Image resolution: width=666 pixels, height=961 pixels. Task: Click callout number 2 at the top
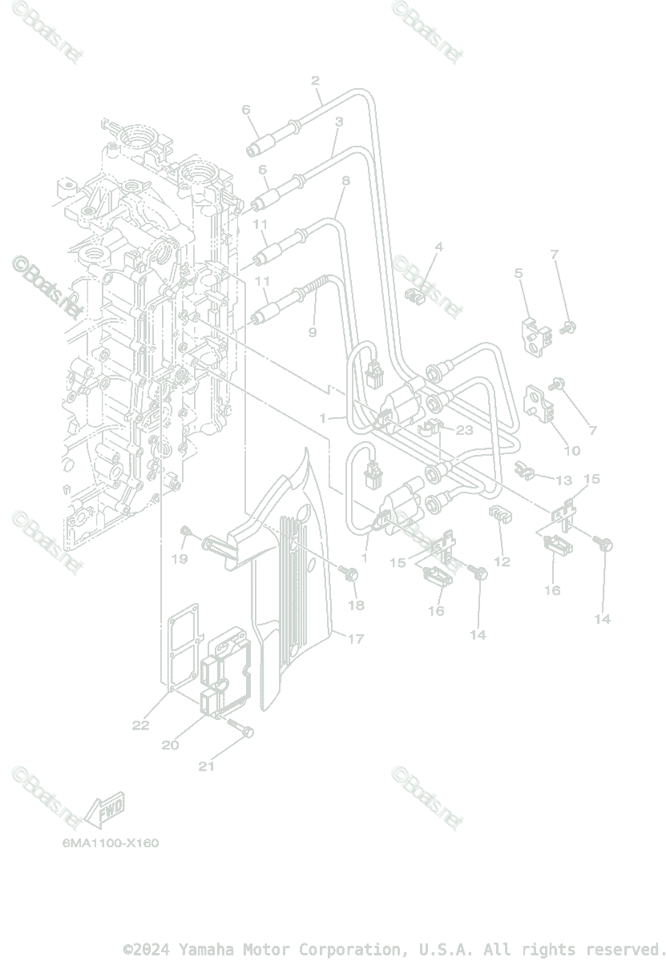coord(315,81)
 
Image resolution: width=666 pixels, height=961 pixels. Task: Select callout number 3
coord(339,122)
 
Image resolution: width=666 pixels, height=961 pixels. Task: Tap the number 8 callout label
coord(345,182)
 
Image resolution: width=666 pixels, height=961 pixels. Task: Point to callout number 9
coord(313,332)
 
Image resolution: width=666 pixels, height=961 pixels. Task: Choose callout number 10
coord(571,451)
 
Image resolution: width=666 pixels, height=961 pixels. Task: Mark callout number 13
coord(564,480)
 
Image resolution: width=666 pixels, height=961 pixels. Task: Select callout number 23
coord(465,430)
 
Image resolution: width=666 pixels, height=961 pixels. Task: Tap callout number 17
coord(356,638)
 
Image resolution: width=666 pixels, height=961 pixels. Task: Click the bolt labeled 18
coord(350,573)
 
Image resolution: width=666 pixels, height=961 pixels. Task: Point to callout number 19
coord(180,558)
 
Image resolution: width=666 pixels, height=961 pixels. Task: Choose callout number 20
coord(170,745)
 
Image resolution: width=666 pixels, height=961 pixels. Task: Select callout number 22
coord(141,726)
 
